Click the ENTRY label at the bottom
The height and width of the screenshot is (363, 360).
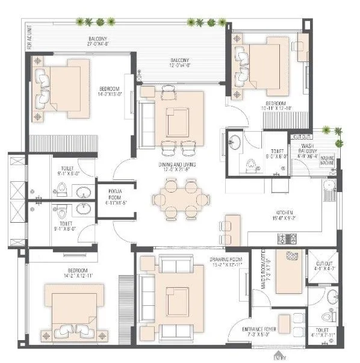pos(279,358)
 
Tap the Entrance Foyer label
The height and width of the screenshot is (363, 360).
pos(258,331)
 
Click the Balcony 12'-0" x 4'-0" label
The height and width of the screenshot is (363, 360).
pos(179,63)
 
